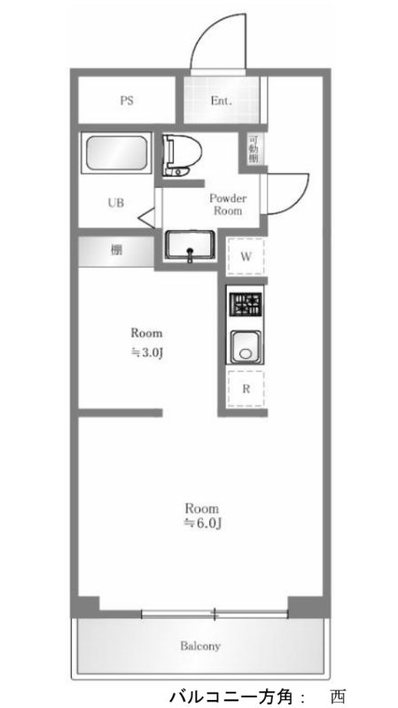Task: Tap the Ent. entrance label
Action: point(221,100)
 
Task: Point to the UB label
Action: point(115,203)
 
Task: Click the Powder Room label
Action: point(228,205)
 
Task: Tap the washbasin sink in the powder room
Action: point(189,245)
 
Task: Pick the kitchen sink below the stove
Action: point(246,346)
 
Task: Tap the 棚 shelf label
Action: point(116,251)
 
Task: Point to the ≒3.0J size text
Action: point(146,352)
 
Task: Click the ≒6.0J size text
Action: point(201,524)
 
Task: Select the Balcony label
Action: point(201,645)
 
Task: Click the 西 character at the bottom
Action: point(338,696)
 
